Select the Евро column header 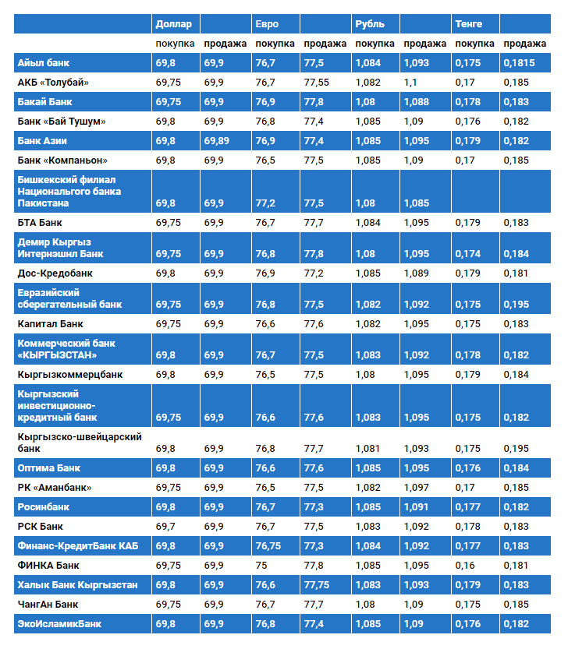point(265,24)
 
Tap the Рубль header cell point(370,24)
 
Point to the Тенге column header point(469,24)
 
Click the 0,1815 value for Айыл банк point(519,62)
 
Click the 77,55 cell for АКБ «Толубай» point(317,82)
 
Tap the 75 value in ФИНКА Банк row point(261,565)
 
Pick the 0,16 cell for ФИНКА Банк point(465,565)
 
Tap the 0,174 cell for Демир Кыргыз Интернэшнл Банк point(467,254)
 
